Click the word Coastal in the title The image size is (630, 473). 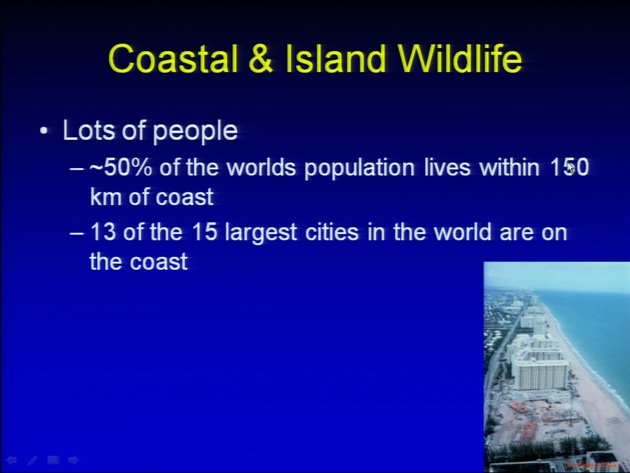tap(173, 58)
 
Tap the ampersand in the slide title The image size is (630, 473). tap(261, 58)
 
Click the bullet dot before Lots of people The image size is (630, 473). tap(44, 131)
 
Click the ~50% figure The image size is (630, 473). tap(120, 167)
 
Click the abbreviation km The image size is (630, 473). tap(105, 196)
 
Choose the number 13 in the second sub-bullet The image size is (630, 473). tap(103, 232)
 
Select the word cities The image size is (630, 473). tap(331, 232)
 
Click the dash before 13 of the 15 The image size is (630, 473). tap(76, 233)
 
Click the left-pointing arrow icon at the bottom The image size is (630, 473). tap(11, 460)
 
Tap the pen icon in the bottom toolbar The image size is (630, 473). tap(32, 460)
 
